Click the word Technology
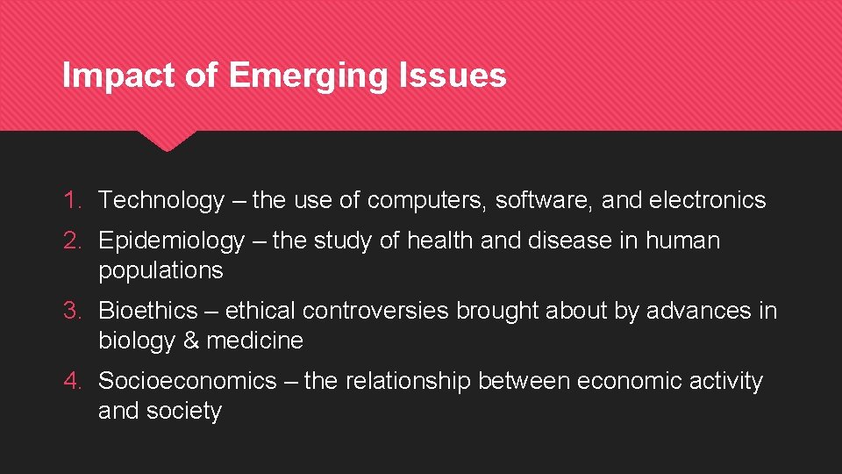point(161,200)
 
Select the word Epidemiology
point(171,241)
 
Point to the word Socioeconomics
point(187,381)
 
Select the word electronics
point(707,200)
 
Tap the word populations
point(161,270)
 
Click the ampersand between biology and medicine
point(191,341)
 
